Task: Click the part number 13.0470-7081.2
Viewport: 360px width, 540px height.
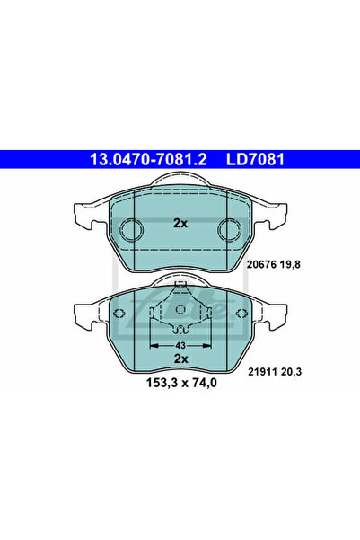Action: click(x=148, y=159)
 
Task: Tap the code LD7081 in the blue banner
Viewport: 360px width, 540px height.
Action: click(x=255, y=159)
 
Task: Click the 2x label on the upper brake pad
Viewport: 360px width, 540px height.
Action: click(x=180, y=224)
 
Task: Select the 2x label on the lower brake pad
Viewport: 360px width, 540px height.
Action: click(x=180, y=359)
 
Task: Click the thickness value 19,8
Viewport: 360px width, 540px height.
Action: click(x=290, y=264)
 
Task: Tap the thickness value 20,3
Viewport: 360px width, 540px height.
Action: click(x=291, y=372)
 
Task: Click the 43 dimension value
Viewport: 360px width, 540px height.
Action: click(x=180, y=345)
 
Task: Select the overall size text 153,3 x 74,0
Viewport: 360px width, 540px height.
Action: click(x=181, y=383)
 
